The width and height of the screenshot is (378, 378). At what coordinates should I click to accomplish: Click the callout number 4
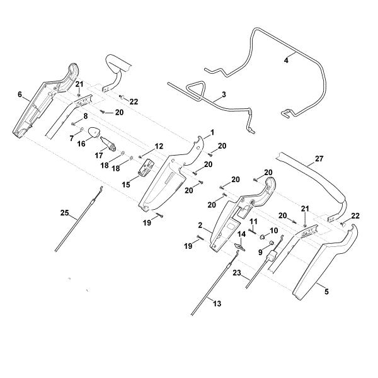click(286, 60)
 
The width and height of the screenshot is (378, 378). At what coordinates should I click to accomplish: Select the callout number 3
click(224, 94)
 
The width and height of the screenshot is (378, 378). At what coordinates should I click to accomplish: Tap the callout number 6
click(20, 94)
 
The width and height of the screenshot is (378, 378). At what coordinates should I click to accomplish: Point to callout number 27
click(319, 159)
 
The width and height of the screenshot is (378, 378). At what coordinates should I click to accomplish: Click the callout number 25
click(64, 213)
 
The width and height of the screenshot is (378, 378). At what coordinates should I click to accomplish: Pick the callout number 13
click(217, 304)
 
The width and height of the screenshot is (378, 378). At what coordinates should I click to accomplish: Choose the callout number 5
click(326, 292)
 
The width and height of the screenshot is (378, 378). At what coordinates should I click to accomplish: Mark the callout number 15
click(126, 185)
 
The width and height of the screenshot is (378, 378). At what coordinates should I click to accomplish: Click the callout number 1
click(212, 132)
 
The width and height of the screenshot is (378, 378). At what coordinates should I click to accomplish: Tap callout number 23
click(237, 273)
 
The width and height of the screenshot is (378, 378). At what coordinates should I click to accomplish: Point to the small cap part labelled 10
click(261, 237)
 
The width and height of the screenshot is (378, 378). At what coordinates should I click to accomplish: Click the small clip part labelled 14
click(240, 246)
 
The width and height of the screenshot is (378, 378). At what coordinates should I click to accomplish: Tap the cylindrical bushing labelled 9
click(272, 242)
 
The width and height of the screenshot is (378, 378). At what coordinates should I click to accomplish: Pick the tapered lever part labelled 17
click(108, 144)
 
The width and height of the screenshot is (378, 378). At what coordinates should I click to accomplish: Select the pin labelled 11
click(253, 231)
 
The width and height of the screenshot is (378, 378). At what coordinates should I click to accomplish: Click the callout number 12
click(159, 146)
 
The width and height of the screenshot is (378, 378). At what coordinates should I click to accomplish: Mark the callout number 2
click(200, 226)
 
